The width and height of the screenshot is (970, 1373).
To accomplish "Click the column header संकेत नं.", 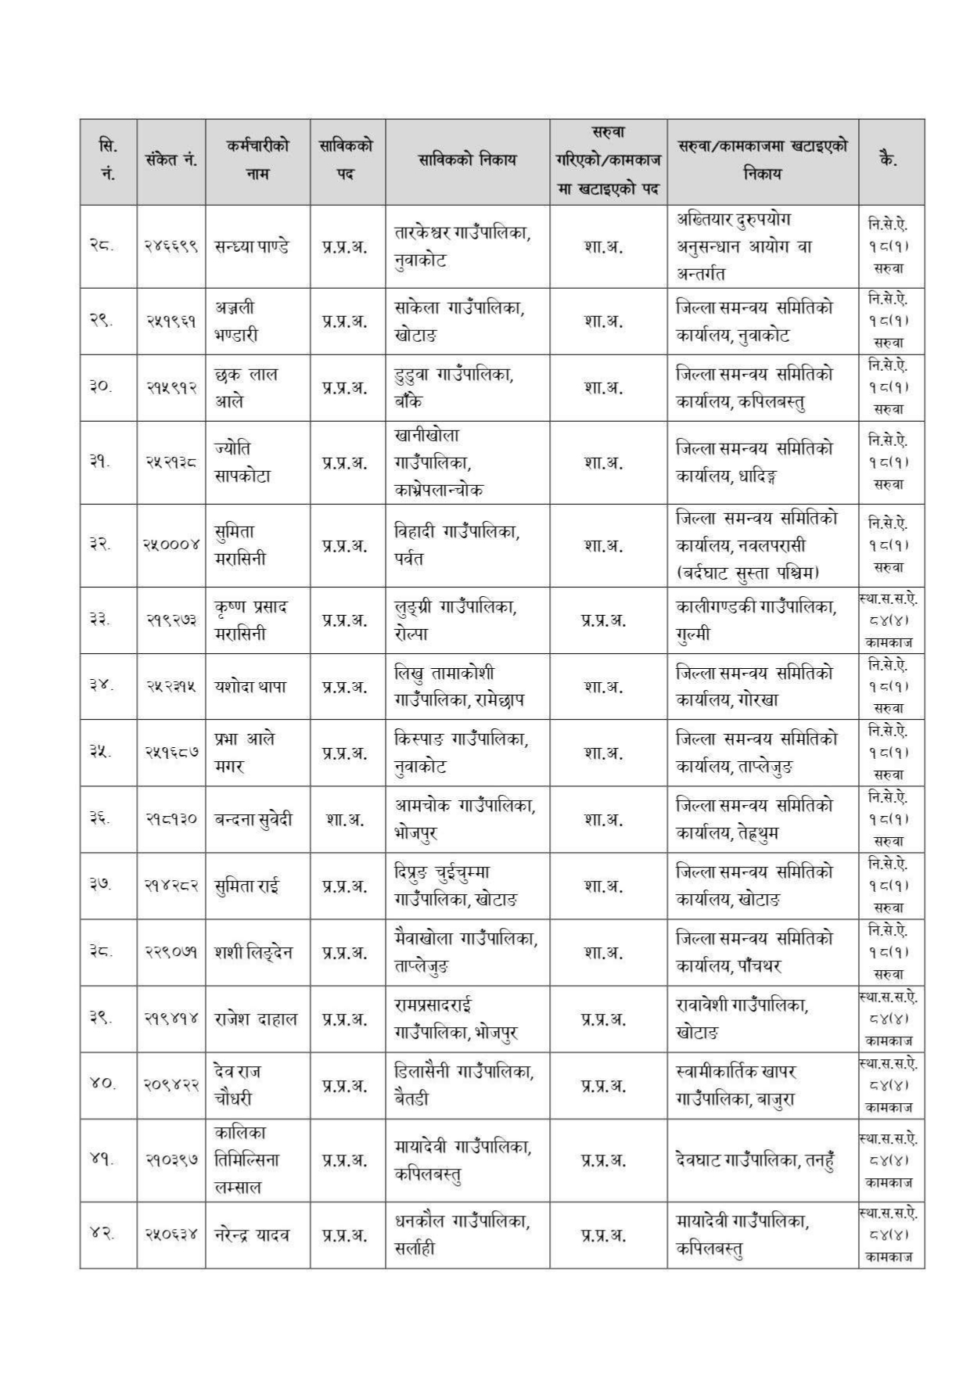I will [171, 160].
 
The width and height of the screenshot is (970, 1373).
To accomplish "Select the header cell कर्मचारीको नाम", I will [257, 160].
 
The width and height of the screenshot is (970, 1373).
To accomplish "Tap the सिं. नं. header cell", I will [108, 160].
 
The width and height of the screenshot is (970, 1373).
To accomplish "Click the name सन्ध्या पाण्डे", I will [252, 246].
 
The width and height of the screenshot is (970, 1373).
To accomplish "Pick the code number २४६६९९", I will [171, 246].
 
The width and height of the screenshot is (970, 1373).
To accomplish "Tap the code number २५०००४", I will [171, 545].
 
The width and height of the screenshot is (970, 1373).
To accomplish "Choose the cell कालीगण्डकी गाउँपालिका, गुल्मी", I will [756, 620].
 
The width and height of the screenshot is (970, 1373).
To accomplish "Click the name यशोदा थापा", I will [250, 686].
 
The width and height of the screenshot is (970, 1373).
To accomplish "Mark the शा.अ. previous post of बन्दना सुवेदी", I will [345, 820].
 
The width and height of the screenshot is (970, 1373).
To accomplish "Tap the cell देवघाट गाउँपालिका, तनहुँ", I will [756, 1160].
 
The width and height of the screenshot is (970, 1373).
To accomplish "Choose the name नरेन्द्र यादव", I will [252, 1235].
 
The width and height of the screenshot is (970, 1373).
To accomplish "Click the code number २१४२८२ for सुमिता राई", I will [171, 886].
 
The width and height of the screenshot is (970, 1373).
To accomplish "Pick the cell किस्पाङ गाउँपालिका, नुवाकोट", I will [461, 753].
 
